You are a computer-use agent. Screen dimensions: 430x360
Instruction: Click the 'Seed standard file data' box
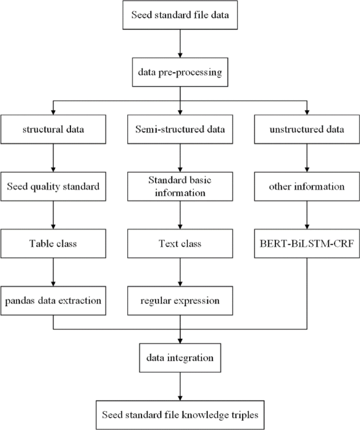180,15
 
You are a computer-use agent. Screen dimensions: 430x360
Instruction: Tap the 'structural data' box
53,129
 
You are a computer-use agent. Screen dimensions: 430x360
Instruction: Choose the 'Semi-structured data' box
180,129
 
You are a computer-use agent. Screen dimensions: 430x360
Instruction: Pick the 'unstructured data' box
306,129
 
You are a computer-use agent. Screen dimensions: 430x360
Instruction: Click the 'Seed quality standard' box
53,186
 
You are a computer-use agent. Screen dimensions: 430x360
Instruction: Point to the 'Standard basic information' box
180,186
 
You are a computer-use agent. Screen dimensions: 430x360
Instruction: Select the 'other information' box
306,186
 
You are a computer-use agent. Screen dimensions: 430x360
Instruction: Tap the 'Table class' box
53,244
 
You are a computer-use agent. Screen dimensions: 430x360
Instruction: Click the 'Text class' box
180,244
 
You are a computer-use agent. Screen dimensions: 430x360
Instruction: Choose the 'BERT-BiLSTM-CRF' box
306,244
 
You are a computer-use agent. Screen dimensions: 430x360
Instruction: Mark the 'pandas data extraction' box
53,301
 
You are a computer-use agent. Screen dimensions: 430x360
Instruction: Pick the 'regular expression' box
180,301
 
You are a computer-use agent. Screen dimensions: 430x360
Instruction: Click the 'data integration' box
180,358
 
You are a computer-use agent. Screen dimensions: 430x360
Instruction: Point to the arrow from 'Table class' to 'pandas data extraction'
53,272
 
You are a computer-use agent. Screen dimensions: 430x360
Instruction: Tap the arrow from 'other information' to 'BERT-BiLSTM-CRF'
306,215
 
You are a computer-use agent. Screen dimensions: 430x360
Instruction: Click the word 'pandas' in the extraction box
20,301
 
